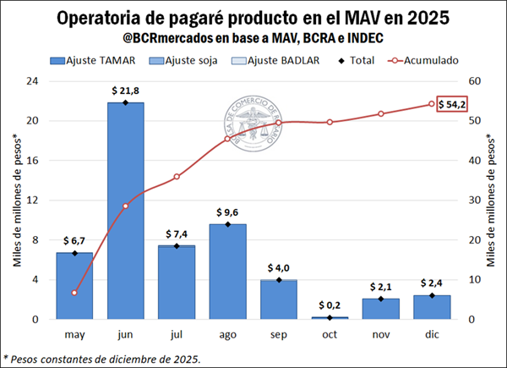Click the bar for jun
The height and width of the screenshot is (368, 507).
125,211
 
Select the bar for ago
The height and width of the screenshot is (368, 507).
227,272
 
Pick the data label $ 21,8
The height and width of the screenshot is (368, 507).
125,91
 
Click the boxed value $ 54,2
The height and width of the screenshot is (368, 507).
451,103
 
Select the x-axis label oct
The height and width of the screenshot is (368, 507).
330,334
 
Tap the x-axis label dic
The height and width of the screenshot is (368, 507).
431,334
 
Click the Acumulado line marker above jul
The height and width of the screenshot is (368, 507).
177,177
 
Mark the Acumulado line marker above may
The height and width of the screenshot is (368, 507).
74,293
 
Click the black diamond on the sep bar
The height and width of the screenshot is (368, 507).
278,279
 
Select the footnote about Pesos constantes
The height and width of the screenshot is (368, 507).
103,358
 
